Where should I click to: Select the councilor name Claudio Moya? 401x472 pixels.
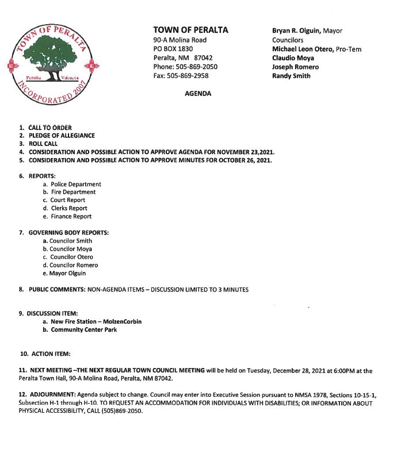(293, 58)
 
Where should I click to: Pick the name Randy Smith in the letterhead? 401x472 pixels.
(291, 76)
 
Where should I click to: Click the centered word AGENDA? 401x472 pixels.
(197, 93)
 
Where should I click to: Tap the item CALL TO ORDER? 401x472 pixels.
(50, 127)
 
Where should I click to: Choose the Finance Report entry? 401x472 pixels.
(71, 216)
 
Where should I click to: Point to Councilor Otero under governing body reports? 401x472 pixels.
(71, 257)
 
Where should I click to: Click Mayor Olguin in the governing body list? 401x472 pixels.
(68, 273)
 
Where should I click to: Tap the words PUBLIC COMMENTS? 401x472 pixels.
(57, 290)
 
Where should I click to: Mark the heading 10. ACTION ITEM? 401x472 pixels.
(45, 354)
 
